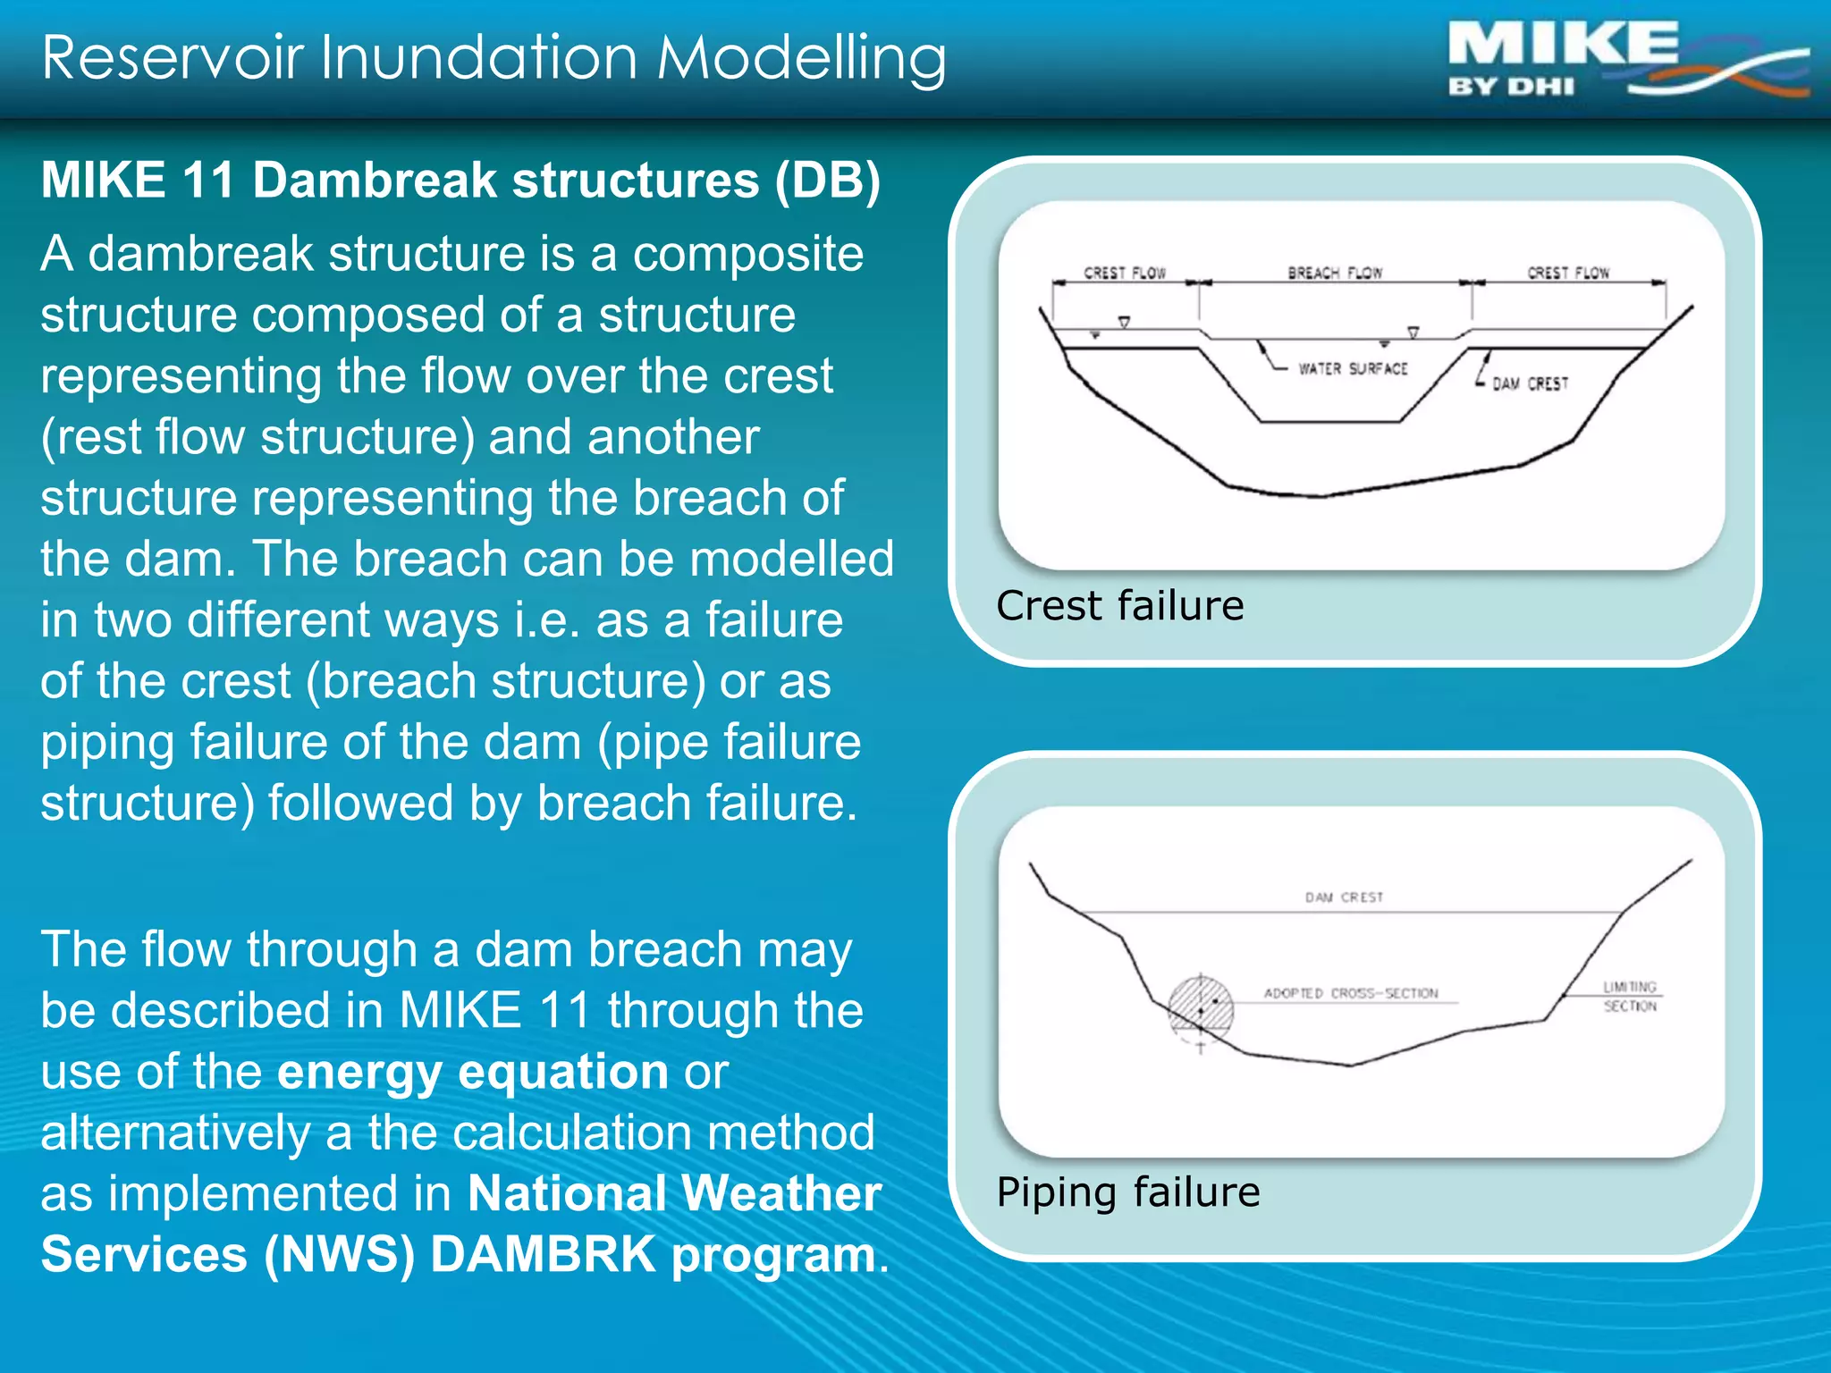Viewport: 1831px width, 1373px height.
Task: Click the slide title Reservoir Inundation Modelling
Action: [494, 57]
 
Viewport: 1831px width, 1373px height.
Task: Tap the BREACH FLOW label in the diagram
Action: [1334, 273]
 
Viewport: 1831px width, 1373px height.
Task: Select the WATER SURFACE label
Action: [1353, 368]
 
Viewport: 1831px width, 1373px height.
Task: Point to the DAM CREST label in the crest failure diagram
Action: [1530, 383]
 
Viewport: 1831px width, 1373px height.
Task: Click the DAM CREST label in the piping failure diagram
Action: [1343, 897]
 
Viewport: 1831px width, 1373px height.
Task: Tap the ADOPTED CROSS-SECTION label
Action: [1350, 993]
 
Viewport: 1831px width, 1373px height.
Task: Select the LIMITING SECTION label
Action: [1629, 997]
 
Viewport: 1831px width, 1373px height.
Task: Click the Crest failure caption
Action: [1119, 606]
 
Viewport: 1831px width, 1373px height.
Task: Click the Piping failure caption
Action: [1127, 1192]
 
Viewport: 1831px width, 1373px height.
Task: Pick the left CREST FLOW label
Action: [1124, 273]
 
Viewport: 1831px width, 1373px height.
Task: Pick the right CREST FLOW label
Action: [1567, 273]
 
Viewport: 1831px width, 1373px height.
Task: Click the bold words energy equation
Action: [472, 1072]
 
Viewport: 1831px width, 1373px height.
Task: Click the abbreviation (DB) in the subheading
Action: [827, 180]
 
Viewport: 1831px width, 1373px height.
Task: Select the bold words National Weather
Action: [674, 1193]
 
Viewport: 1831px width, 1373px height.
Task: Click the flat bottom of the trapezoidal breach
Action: [1329, 421]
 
